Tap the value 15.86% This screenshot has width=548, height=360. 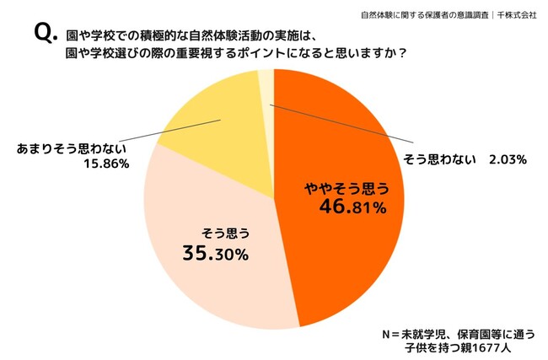(108, 164)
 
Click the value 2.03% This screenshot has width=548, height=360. (508, 159)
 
